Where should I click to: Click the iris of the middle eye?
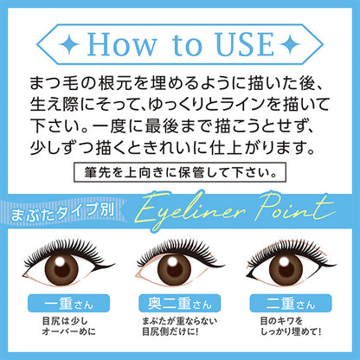click(x=180, y=264)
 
